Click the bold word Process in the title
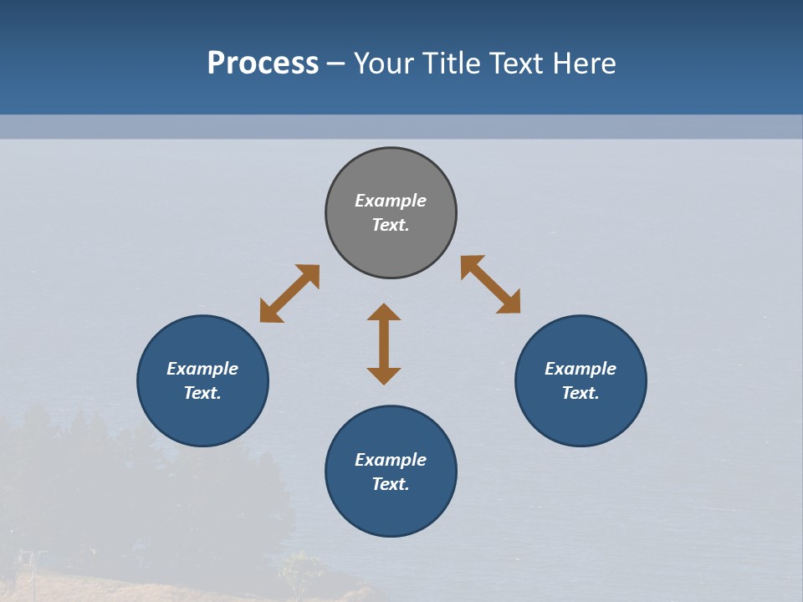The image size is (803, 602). tap(263, 64)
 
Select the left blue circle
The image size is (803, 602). tap(202, 418)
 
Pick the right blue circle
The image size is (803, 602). tap(581, 418)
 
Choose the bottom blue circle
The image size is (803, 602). tap(391, 510)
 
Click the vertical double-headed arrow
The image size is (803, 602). tap(384, 344)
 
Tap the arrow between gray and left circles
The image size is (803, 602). tap(289, 293)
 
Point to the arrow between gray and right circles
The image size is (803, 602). tap(491, 284)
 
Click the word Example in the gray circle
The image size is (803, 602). tap(391, 201)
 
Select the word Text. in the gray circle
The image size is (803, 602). tap(391, 225)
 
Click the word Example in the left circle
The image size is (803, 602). tap(202, 369)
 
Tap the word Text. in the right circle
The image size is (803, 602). tap(581, 393)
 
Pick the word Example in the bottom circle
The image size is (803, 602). tap(391, 460)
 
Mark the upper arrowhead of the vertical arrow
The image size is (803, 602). tap(384, 313)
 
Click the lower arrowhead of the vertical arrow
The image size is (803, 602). tap(384, 375)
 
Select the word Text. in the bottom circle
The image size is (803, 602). tap(391, 484)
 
